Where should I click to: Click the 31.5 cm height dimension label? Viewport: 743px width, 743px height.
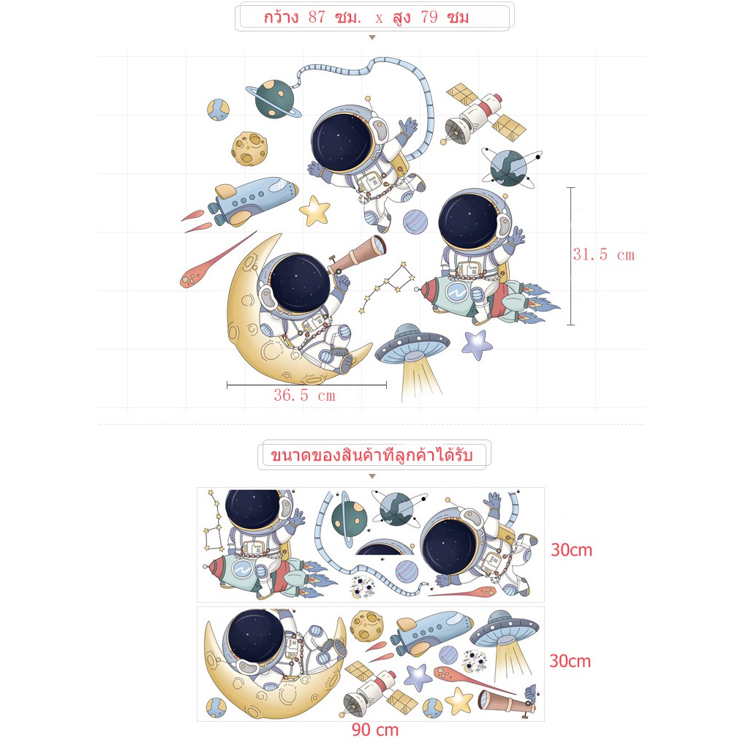[x=603, y=254]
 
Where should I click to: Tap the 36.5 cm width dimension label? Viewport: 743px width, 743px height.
[x=304, y=395]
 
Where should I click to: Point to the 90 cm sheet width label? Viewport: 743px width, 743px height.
[x=375, y=729]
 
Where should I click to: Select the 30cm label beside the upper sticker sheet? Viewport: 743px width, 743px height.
[x=571, y=550]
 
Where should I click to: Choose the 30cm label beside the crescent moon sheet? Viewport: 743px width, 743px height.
[x=570, y=661]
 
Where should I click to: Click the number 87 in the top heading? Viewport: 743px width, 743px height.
[x=317, y=18]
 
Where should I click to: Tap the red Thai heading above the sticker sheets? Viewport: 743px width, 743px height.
[x=371, y=455]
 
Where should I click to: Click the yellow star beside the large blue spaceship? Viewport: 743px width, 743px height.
[x=314, y=211]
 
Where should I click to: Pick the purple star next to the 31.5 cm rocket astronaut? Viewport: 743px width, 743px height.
[x=476, y=344]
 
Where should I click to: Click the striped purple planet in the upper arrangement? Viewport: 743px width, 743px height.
[x=415, y=222]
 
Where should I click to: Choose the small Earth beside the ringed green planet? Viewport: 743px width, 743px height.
[x=218, y=110]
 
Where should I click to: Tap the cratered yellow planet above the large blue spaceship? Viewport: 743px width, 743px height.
[x=249, y=148]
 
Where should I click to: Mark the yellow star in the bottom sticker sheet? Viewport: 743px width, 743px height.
[x=459, y=701]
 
